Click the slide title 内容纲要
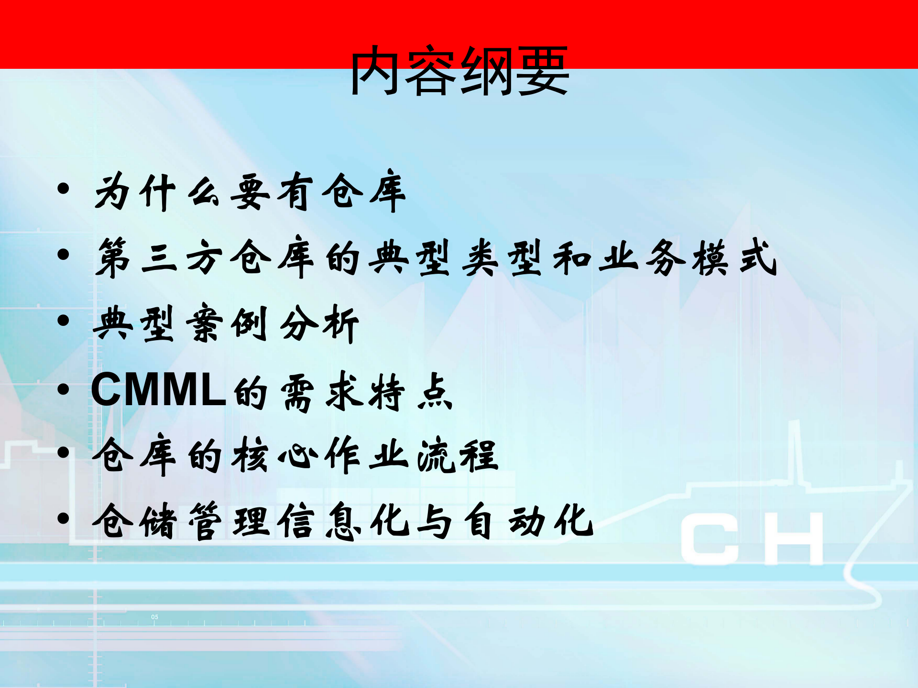point(459,72)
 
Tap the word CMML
point(158,390)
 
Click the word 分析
point(319,324)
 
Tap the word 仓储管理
point(182,521)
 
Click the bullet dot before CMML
point(63,390)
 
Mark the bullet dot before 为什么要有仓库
point(63,189)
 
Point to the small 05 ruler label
point(154,617)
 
